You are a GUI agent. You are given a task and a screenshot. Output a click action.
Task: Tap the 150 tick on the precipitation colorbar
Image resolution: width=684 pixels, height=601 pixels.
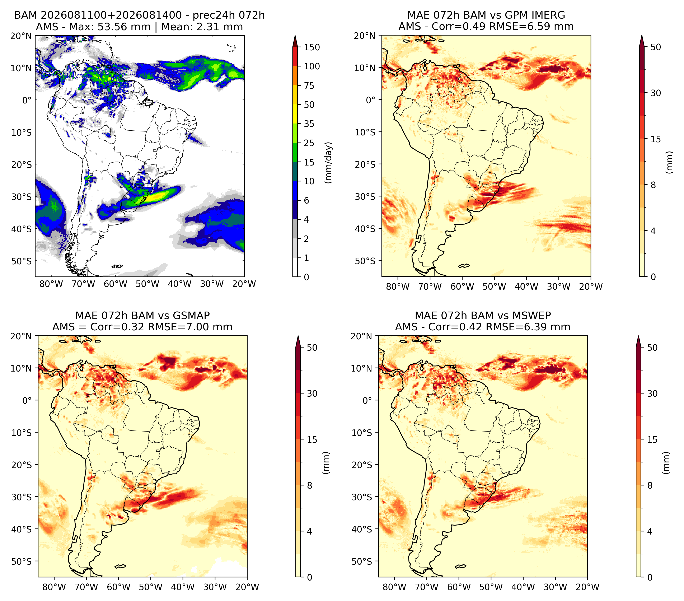coord(312,47)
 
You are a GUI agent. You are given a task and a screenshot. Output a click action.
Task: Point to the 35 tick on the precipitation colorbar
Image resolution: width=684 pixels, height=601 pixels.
coord(309,124)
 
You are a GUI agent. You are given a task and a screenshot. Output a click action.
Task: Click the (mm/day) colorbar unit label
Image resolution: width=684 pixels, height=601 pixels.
coord(329,163)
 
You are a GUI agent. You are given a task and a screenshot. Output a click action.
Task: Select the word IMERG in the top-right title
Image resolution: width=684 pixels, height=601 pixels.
coord(548,15)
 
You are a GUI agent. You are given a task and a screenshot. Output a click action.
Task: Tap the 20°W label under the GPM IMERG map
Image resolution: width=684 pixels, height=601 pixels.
coord(591,286)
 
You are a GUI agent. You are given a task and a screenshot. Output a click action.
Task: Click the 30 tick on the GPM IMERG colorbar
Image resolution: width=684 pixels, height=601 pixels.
coord(656,93)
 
